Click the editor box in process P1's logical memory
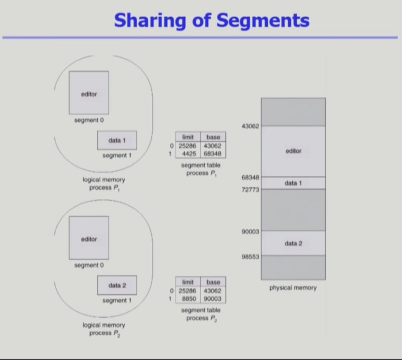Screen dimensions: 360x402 coord(89,93)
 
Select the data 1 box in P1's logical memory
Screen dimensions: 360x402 coord(117,141)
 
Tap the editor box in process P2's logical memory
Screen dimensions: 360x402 coord(89,238)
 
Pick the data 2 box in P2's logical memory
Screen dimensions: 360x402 coord(117,285)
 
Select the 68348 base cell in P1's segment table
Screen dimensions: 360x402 coord(213,154)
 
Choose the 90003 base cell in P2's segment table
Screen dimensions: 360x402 coord(213,299)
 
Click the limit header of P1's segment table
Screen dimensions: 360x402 coord(188,137)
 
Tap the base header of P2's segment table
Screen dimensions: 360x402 coord(213,282)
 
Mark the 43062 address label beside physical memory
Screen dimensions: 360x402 coord(250,126)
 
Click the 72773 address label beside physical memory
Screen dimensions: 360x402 coord(250,190)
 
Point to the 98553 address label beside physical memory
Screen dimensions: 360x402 coord(250,256)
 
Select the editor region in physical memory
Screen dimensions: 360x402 coord(293,151)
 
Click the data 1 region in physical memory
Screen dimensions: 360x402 coord(293,183)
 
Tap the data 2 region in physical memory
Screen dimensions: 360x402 coord(293,244)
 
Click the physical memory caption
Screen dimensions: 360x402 coord(293,288)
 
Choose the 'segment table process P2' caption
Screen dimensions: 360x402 coord(200,314)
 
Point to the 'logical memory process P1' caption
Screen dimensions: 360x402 coord(103,184)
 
